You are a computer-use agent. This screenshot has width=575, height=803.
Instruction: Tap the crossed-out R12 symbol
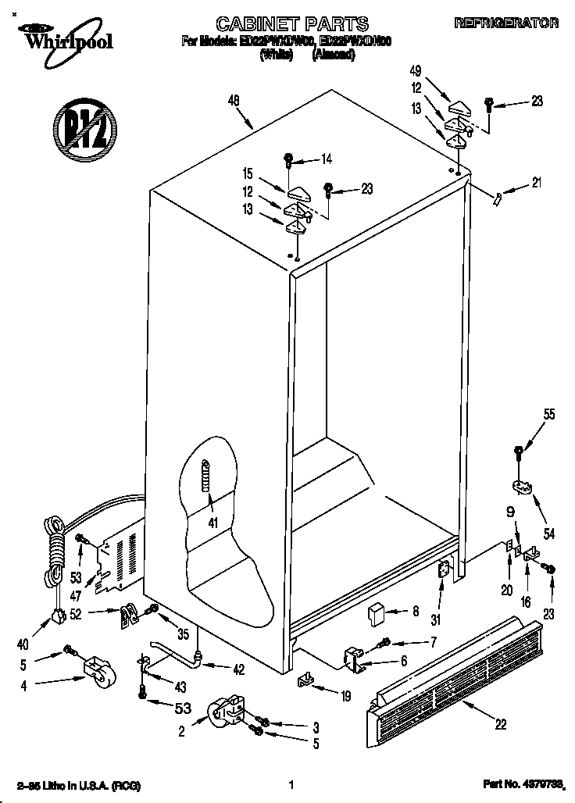[84, 129]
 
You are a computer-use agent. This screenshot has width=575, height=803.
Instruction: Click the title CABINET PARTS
[280, 24]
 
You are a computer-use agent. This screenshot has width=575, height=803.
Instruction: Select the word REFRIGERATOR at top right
[506, 24]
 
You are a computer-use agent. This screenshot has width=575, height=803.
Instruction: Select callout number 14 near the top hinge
[326, 159]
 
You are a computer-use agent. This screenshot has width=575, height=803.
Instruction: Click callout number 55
[550, 415]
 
